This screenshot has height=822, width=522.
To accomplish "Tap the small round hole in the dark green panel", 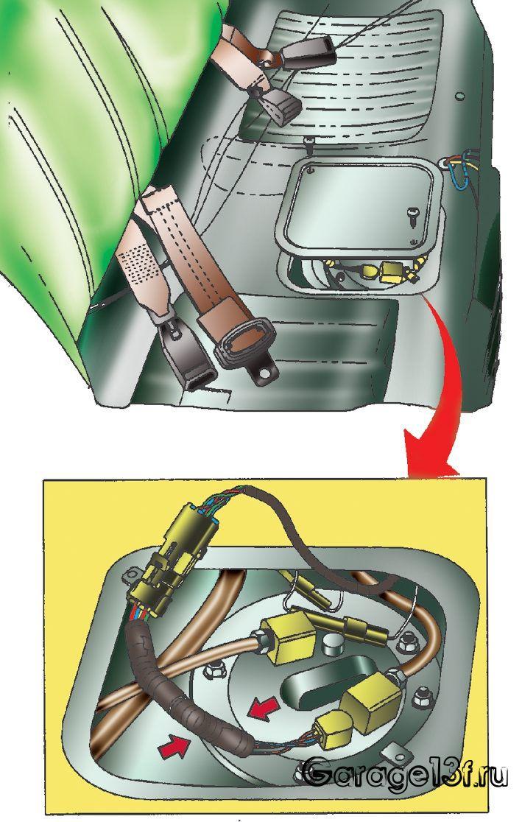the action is click(x=459, y=96).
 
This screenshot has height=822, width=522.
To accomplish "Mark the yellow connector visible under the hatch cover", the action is click(x=394, y=271).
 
